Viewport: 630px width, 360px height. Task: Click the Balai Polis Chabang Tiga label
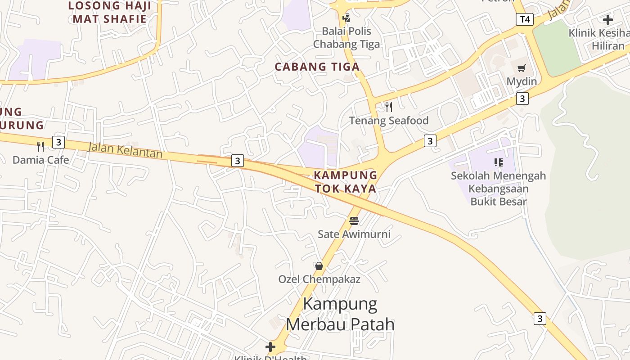346,37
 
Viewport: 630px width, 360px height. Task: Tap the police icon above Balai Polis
346,18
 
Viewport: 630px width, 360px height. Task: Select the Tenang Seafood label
389,121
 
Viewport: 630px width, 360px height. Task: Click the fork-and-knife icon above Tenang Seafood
389,107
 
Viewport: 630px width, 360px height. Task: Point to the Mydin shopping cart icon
522,68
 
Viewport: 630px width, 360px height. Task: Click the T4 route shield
524,19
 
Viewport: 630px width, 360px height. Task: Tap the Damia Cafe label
40,160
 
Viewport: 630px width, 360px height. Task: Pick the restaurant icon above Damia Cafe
40,146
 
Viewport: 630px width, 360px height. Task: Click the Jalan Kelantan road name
125,150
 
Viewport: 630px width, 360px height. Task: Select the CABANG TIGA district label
317,67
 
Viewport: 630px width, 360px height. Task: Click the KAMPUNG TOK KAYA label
346,182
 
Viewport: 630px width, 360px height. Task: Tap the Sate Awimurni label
354,234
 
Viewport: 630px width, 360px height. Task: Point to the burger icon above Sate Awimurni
354,221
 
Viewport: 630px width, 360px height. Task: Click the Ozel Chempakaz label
319,279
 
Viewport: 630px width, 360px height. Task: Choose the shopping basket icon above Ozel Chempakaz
319,266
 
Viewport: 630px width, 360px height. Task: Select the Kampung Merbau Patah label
340,314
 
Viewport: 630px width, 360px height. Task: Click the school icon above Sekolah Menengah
498,162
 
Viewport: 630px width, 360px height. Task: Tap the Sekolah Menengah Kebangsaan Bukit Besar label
498,188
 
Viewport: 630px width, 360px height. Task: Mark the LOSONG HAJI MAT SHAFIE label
109,12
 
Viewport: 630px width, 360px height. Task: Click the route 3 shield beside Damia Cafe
58,142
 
